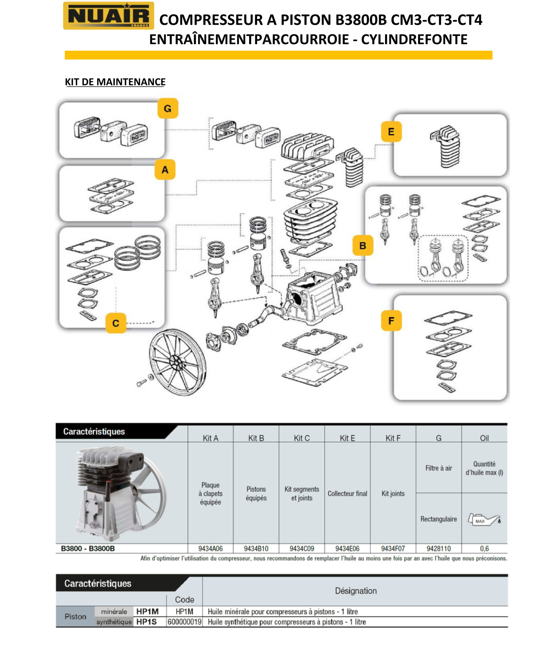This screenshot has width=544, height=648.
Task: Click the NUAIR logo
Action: pyautogui.click(x=108, y=15)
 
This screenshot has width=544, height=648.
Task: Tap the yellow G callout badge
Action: pyautogui.click(x=168, y=108)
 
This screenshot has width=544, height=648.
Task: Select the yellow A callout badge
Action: pyautogui.click(x=165, y=169)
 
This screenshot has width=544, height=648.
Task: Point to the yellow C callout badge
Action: pyautogui.click(x=116, y=323)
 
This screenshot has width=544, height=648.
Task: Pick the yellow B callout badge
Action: pyautogui.click(x=363, y=245)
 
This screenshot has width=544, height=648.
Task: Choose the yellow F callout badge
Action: pyautogui.click(x=391, y=321)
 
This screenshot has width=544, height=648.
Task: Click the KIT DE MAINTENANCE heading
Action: pyautogui.click(x=115, y=82)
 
